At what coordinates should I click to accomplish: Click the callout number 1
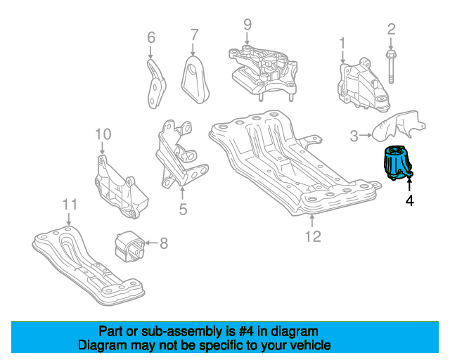click(x=342, y=44)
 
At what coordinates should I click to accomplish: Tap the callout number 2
click(x=391, y=29)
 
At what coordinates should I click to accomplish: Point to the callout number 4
click(x=409, y=200)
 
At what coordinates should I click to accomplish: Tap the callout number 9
click(x=247, y=25)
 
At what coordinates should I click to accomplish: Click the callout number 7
click(x=194, y=34)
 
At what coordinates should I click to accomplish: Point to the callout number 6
click(x=150, y=37)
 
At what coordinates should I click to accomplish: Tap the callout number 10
click(x=103, y=134)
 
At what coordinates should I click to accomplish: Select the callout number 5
click(x=182, y=209)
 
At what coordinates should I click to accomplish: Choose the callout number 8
click(x=163, y=244)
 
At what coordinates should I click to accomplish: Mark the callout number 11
click(x=69, y=205)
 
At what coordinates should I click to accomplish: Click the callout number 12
click(x=312, y=236)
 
